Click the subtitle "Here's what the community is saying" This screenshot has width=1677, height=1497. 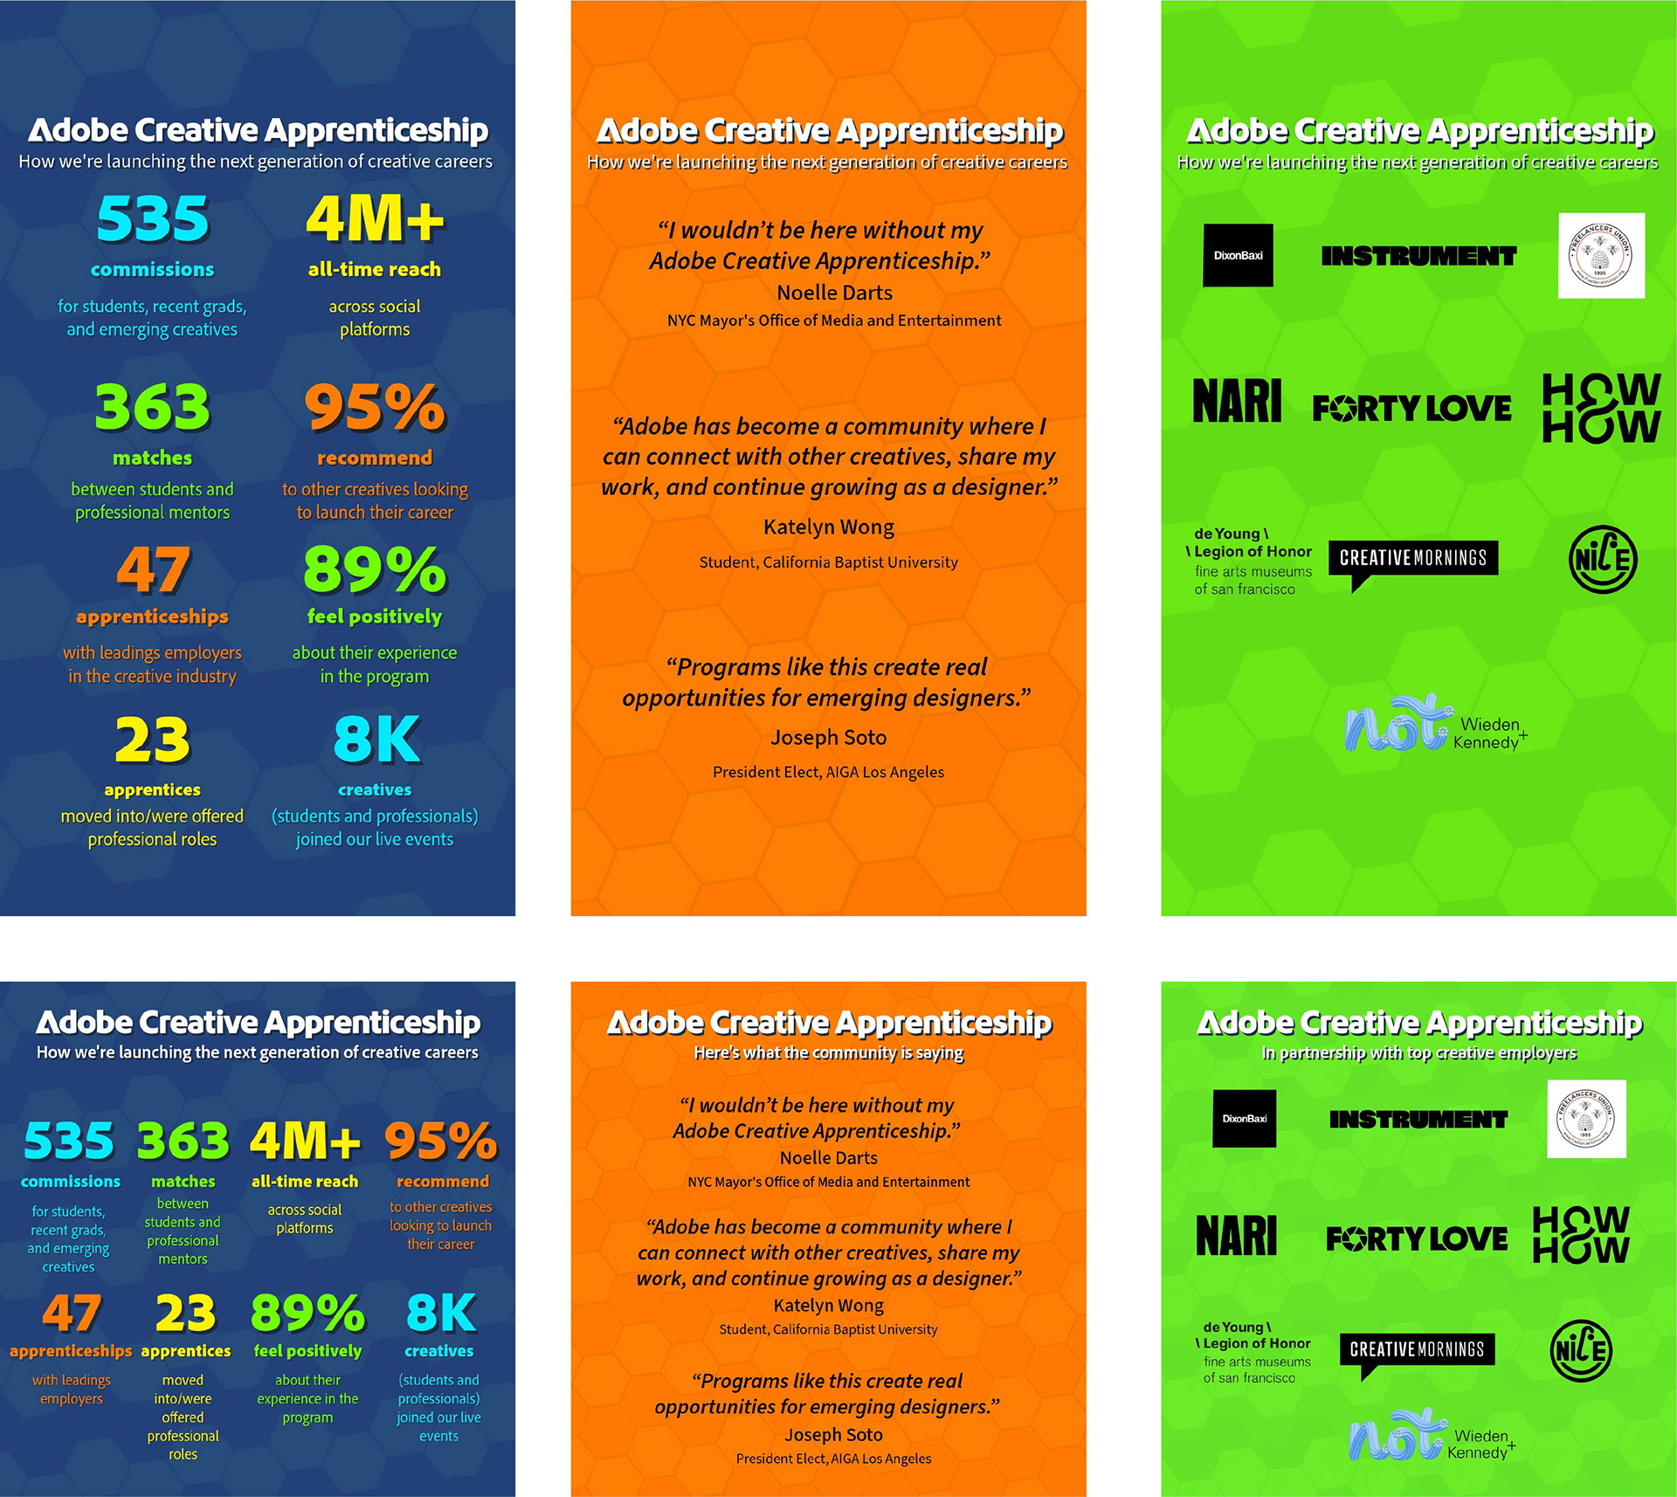[x=828, y=1053]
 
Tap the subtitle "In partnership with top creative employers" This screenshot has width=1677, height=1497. [x=1418, y=1053]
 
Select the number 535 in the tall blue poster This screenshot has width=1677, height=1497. [x=153, y=218]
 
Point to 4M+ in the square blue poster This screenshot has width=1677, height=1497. [x=305, y=1141]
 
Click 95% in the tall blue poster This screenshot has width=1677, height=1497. [x=375, y=407]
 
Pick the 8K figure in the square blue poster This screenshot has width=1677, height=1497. [x=440, y=1313]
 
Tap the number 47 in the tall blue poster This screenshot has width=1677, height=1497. [x=153, y=569]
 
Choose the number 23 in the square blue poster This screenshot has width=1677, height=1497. [x=185, y=1313]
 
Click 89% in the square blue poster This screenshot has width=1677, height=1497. [x=307, y=1313]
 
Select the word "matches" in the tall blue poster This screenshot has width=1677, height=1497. [x=152, y=458]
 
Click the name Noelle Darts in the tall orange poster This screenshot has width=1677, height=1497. [x=834, y=293]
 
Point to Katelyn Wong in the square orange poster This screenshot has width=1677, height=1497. [x=828, y=1306]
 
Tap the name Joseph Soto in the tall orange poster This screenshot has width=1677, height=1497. [x=828, y=737]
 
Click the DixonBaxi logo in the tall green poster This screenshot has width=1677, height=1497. [x=1238, y=255]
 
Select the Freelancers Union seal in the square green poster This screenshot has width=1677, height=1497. [x=1586, y=1119]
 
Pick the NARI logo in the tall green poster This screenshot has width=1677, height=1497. [x=1237, y=401]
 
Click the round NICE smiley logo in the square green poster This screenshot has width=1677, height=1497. [x=1581, y=1351]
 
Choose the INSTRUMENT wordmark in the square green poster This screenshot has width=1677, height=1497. [x=1418, y=1120]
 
